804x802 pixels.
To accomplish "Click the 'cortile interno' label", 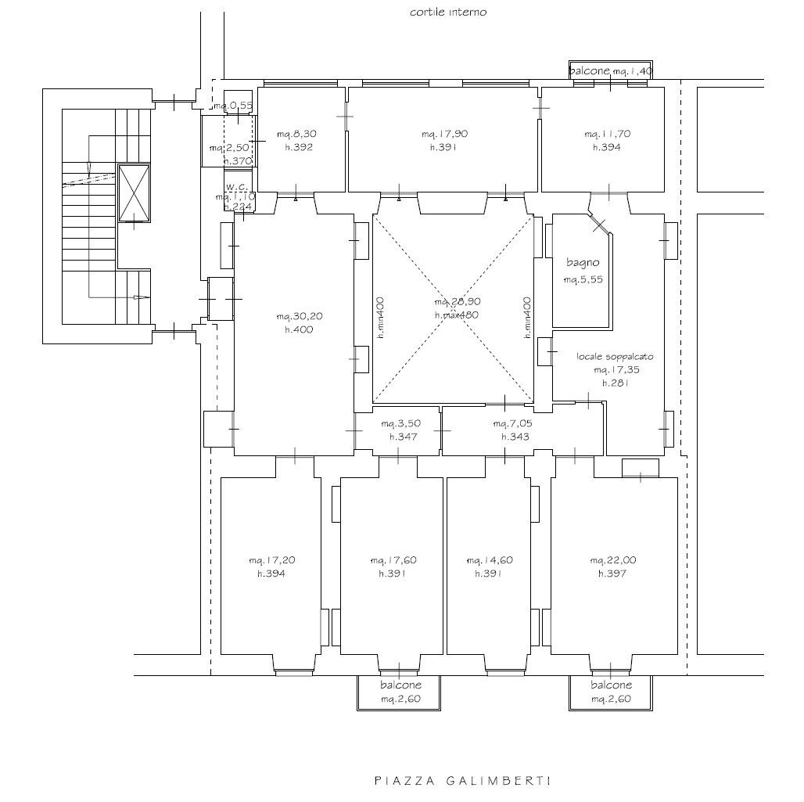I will click(x=448, y=13).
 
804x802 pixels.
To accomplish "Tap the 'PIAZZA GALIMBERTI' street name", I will click(x=463, y=780).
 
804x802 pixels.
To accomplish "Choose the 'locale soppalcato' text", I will click(x=615, y=356).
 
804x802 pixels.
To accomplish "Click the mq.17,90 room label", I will click(x=444, y=134).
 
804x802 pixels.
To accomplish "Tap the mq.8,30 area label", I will click(x=300, y=134).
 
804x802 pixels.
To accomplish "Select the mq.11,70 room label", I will click(x=607, y=134).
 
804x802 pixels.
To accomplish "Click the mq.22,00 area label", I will click(x=613, y=560).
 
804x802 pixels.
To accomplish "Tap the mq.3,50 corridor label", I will click(x=400, y=423).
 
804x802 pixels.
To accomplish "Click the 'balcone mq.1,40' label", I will click(x=610, y=71).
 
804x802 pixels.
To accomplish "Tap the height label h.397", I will click(x=613, y=574).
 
